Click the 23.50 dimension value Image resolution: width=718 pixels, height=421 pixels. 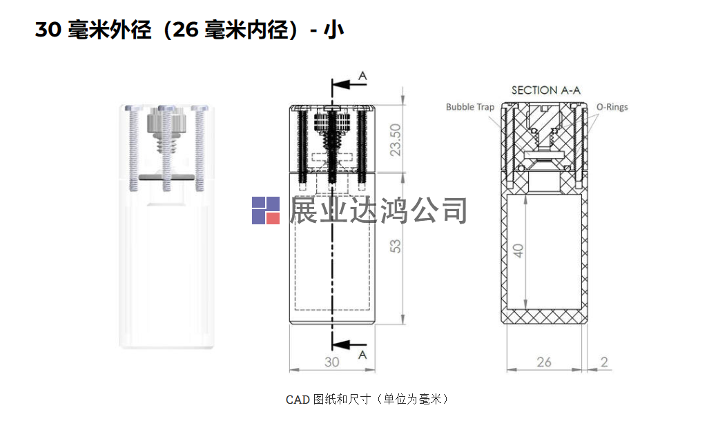396,139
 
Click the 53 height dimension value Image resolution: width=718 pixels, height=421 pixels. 396,246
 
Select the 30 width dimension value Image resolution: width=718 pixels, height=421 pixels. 332,362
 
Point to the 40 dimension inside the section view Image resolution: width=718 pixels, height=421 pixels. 518,251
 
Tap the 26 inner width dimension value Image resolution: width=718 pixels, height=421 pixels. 544,362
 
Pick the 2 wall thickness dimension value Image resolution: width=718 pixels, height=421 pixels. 605,362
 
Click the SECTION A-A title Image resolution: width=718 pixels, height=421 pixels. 545,90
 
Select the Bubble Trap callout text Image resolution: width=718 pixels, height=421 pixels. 470,107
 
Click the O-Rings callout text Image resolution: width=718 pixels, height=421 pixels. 612,107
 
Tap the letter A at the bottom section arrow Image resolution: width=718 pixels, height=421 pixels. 362,354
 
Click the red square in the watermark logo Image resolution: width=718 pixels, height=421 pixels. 271,218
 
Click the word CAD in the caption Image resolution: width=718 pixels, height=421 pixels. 298,400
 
